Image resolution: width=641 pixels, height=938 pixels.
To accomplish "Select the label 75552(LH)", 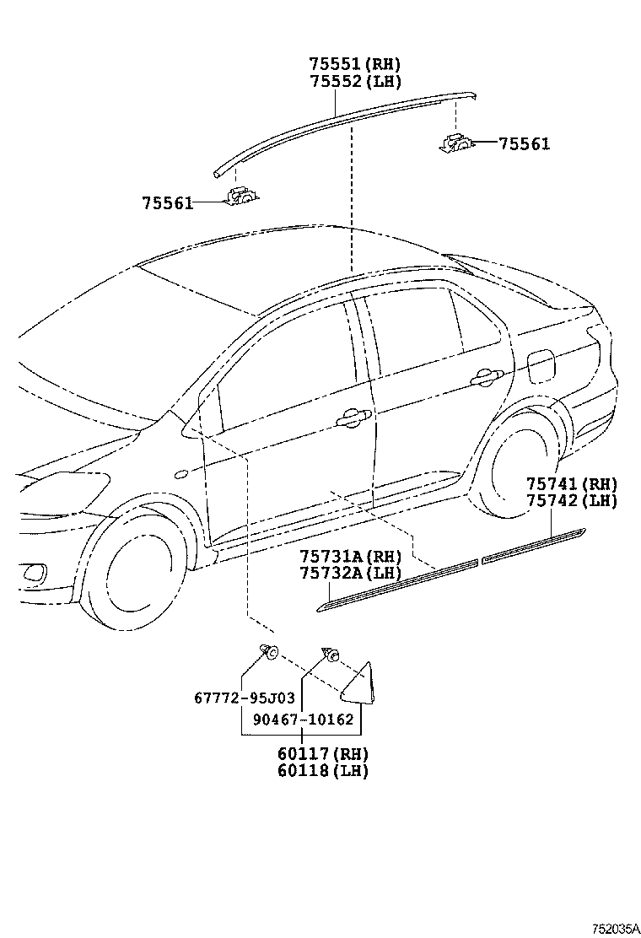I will (x=354, y=81).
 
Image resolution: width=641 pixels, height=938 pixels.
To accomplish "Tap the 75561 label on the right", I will (x=523, y=144).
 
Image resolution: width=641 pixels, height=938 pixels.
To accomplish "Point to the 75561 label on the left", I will (x=167, y=202).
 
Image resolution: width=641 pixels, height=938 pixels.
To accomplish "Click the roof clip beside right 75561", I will (x=456, y=143).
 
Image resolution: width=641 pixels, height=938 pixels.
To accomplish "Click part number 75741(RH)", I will (x=572, y=484).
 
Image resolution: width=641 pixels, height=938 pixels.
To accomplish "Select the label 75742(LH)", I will (x=572, y=500).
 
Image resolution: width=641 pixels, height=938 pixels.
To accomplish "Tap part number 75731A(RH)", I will (x=351, y=557).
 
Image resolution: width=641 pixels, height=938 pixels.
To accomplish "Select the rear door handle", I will (x=487, y=376).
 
